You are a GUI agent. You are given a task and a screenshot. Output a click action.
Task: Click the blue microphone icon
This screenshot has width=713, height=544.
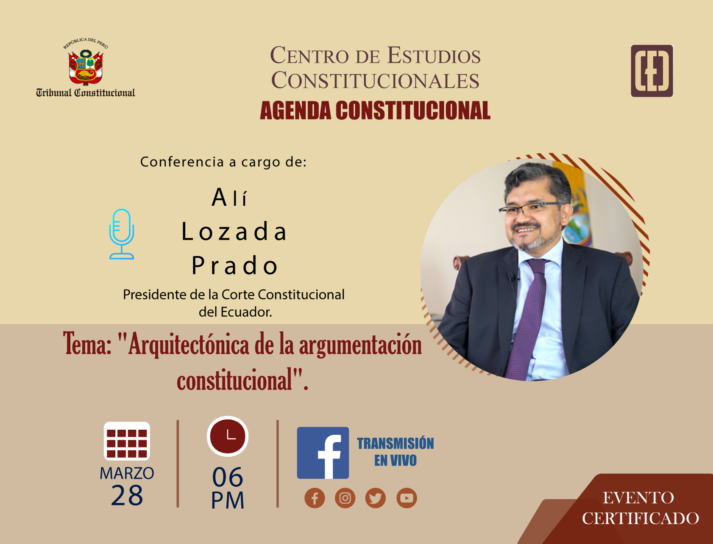pos(122,234)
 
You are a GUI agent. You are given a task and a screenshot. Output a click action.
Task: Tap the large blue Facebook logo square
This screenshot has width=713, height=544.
pos(323,453)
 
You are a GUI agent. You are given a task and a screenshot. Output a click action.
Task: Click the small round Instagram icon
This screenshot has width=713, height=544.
pos(345,498)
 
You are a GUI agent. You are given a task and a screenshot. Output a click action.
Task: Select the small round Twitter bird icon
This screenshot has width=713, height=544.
pos(376,498)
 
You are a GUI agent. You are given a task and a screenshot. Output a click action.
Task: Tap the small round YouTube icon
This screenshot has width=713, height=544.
pos(407,498)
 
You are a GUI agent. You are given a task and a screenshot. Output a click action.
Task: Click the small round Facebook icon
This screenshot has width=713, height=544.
pos(315,498)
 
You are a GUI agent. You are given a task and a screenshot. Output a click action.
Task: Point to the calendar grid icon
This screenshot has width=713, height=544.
pos(127,441)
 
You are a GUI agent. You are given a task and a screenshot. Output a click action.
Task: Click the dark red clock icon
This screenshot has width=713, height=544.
pos(228,436)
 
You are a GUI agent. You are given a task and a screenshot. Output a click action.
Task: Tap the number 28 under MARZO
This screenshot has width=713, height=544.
pos(127,495)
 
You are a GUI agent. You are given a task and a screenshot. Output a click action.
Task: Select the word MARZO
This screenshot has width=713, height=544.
pos(127,473)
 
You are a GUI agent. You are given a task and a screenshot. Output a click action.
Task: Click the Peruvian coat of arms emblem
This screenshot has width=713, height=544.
pos(86,67)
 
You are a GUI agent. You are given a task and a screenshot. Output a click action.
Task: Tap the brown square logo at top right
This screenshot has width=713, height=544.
pos(652,71)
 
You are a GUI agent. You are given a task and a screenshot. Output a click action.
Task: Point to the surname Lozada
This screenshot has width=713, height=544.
pos(234,232)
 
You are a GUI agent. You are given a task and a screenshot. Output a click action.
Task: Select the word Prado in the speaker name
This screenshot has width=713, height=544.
pos(234,265)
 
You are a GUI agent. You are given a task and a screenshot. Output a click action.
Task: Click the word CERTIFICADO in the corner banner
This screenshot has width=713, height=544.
pos(641,518)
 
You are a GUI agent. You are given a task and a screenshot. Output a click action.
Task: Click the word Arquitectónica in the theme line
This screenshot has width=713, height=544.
pos(189,344)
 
